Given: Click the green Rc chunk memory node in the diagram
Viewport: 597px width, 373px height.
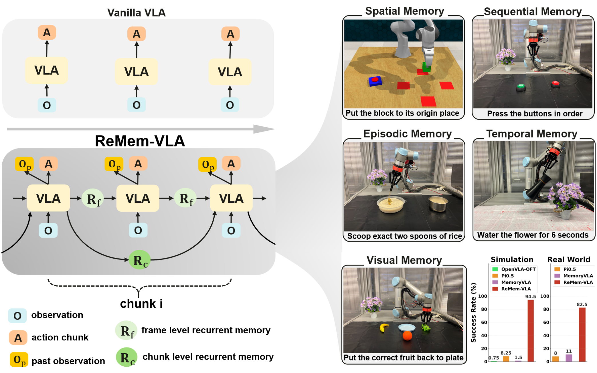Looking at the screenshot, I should tap(140, 260).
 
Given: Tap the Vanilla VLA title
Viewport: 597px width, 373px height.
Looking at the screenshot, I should tap(137, 13).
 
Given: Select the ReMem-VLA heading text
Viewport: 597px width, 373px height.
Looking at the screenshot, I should tap(140, 141).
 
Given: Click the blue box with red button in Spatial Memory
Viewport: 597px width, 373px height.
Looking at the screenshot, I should tap(375, 81).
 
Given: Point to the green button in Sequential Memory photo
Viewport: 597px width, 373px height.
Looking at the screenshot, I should tap(521, 87).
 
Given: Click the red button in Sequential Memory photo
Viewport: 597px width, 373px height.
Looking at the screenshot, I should tap(556, 84).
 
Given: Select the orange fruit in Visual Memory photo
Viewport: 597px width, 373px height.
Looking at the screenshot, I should tap(407, 335).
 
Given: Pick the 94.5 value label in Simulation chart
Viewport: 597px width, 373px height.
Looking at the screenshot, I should tap(530, 297).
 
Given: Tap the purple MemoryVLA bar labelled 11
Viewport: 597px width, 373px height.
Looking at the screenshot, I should tap(569, 358).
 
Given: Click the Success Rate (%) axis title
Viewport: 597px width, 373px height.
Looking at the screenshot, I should tap(474, 312).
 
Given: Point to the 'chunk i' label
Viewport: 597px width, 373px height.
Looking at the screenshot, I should tap(141, 304).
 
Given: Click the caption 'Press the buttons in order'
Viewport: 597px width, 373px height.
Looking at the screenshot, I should tap(535, 114).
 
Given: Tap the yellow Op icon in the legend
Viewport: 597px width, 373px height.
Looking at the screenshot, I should tap(19, 360).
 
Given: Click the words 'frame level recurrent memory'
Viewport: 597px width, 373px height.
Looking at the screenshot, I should tap(206, 330).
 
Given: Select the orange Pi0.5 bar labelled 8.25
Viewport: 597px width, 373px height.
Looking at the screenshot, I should tap(506, 359).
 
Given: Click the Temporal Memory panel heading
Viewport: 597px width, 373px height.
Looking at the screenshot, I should tap(532, 134).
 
